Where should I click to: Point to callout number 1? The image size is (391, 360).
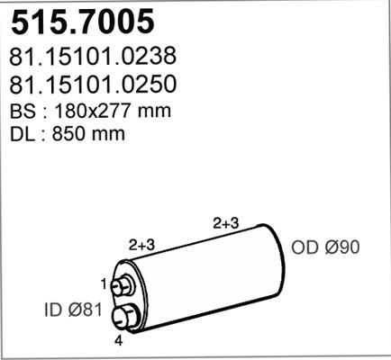coord(104,284)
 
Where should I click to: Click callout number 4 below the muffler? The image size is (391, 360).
coord(118,341)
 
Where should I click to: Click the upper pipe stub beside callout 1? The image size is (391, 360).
coord(126,285)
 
